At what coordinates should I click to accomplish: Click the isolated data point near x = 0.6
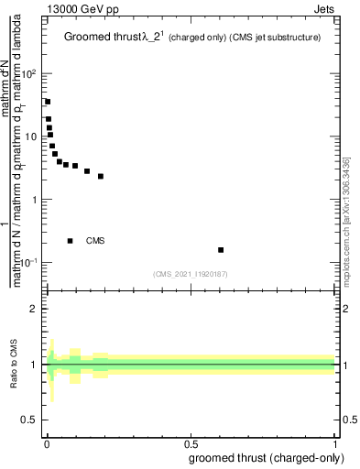[x=221, y=249]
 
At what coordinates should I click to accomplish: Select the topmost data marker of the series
[x=48, y=102]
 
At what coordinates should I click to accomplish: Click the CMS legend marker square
[x=71, y=241]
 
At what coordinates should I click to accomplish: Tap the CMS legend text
[x=96, y=241]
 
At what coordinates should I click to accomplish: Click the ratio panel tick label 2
[x=35, y=309]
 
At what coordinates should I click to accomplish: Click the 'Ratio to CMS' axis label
[x=14, y=365]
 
